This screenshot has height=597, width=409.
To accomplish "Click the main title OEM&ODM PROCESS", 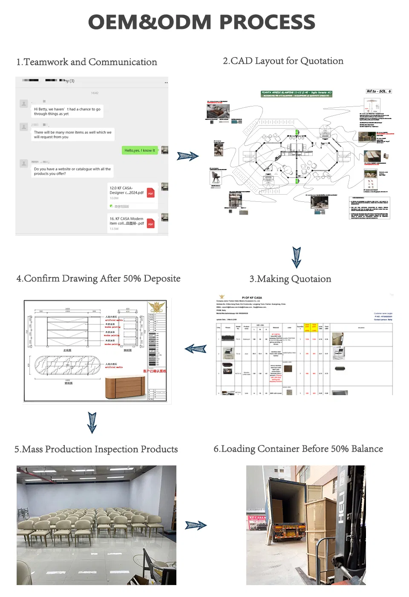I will pos(202,22).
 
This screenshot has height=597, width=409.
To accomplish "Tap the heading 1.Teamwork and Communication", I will pos(86,62).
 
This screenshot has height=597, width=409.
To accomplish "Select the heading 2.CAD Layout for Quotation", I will pos(283,61).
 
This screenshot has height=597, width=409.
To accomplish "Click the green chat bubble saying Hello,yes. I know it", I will pos(140,150).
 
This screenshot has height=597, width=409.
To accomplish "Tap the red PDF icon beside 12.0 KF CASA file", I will pos(150,193).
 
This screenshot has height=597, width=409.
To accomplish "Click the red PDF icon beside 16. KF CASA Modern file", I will pos(150,224).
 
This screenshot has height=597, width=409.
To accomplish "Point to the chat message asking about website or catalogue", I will pos(72,171).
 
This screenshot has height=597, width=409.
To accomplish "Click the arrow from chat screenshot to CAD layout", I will pos(187,156).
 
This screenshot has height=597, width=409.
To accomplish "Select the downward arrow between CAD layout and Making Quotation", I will pos(297,257).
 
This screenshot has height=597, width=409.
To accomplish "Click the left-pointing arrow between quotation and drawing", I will pos(196,349).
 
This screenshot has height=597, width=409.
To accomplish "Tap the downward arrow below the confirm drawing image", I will pos(92,422).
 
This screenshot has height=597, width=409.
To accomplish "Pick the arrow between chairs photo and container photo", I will pos(196,525).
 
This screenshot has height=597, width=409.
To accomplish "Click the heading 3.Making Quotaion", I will pos(290,279).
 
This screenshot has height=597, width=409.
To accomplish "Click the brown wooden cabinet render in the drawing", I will pos(125,385).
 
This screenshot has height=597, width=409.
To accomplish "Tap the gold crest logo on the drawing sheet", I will pos(156,307).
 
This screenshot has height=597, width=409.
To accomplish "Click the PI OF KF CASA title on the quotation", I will pos(252,298).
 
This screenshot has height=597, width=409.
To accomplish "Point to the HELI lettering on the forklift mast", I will pos(341,507).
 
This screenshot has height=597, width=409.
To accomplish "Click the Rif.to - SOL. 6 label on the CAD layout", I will pos(378,91).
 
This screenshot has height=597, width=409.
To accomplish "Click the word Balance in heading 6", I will pos(367,449).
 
